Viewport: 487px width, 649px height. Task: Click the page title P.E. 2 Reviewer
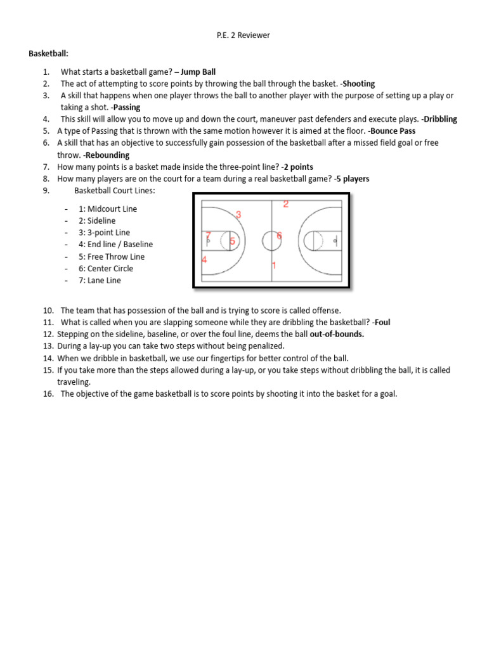click(243, 35)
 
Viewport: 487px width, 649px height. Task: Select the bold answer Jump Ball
click(198, 72)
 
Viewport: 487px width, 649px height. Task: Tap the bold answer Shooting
click(359, 84)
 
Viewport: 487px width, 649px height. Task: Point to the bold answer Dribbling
click(440, 119)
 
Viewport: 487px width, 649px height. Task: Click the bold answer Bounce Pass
click(393, 131)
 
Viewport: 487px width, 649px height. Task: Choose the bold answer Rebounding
click(107, 155)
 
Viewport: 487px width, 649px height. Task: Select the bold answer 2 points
click(298, 167)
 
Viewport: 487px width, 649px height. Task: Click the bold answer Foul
click(382, 323)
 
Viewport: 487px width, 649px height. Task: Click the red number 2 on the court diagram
click(286, 204)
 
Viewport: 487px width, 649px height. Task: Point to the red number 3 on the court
click(238, 215)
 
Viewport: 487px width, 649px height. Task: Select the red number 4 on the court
click(204, 260)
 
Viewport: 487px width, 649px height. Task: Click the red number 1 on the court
click(274, 266)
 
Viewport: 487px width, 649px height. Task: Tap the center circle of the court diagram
click(271, 241)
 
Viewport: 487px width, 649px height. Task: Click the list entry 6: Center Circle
click(106, 269)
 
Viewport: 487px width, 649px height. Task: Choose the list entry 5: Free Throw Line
click(112, 257)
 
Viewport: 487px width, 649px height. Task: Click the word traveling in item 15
click(74, 382)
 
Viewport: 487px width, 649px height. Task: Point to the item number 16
click(49, 394)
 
